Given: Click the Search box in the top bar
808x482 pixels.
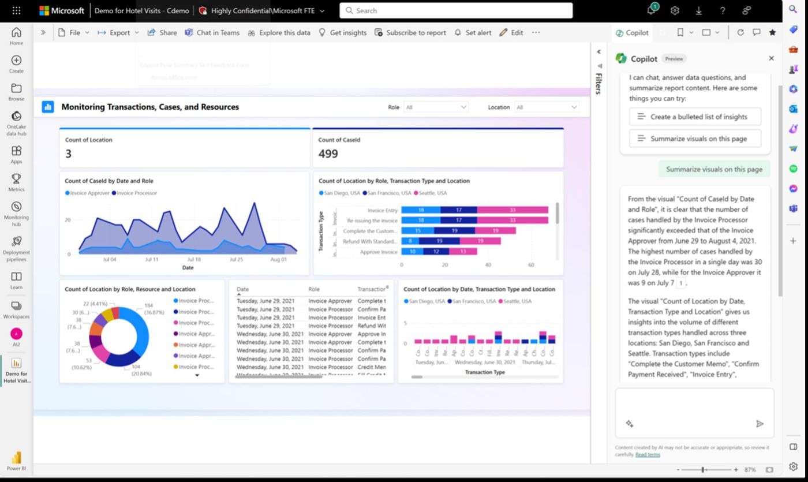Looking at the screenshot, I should pos(456,10).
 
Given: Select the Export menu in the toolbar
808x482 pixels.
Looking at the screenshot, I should pos(118,33).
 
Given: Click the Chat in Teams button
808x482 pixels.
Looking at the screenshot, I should pos(212,33).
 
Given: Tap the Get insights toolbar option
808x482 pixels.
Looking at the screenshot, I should pos(342,33).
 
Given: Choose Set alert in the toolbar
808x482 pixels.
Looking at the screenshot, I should pos(473,33).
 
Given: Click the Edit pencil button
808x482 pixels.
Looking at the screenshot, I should pos(511,33).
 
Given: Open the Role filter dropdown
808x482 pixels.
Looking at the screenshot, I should pos(436,107).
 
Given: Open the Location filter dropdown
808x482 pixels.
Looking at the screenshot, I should pos(547,107).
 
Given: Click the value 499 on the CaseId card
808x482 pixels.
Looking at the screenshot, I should pos(328,154).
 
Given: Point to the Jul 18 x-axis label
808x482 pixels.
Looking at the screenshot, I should pos(194,260).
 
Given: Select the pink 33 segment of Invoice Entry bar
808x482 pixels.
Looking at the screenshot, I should pos(513,210).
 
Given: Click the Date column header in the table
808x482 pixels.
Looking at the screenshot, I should pos(243,289).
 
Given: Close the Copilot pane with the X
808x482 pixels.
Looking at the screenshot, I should pos(771,58).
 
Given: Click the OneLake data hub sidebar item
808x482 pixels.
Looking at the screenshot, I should pos(16,123).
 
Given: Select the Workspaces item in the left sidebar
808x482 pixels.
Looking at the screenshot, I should pos(16,309).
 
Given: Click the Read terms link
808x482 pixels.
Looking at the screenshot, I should pos(648,455).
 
